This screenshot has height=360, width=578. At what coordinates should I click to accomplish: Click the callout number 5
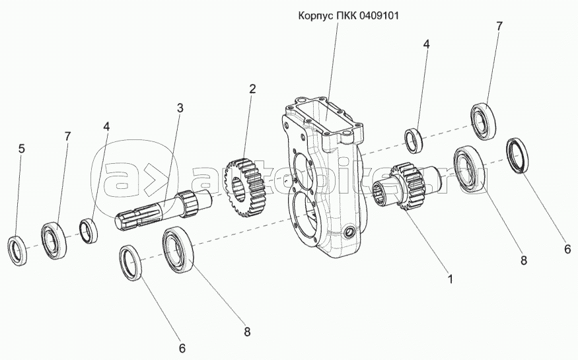pos(22,149)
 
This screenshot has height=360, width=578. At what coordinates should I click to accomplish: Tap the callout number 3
pos(179,108)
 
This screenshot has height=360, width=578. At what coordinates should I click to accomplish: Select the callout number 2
pos(252,89)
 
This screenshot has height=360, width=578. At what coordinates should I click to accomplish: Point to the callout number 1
pos(450,279)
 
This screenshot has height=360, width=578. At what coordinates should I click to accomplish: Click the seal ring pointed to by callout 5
pos(19,250)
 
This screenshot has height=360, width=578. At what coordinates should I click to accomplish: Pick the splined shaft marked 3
pos(159,208)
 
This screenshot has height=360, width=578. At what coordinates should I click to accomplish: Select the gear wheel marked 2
pos(241,187)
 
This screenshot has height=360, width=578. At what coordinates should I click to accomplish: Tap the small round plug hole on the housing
pos(349,233)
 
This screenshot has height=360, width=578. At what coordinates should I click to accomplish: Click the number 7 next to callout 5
pos(67,136)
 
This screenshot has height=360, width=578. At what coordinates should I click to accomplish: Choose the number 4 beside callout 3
pos(106,126)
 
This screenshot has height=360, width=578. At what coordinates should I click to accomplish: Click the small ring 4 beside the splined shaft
pos(89,229)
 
